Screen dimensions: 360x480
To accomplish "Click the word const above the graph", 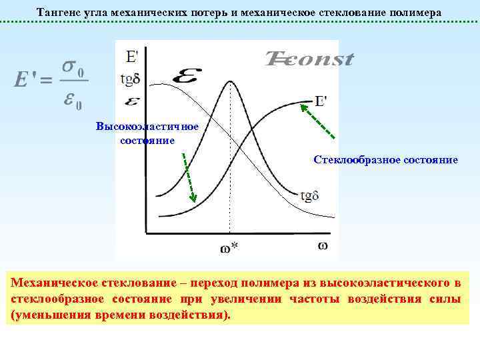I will [317, 59].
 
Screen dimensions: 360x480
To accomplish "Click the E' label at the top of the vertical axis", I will [132, 55].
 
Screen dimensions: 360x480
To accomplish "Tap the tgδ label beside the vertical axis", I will [130, 78].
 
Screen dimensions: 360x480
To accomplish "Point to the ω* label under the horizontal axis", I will [229, 247].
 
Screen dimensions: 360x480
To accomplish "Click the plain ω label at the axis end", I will [322, 245].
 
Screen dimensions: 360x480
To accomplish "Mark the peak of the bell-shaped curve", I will [231, 82].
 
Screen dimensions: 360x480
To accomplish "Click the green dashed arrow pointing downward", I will [187, 177].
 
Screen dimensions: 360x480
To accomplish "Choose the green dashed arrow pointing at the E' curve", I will [317, 121].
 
